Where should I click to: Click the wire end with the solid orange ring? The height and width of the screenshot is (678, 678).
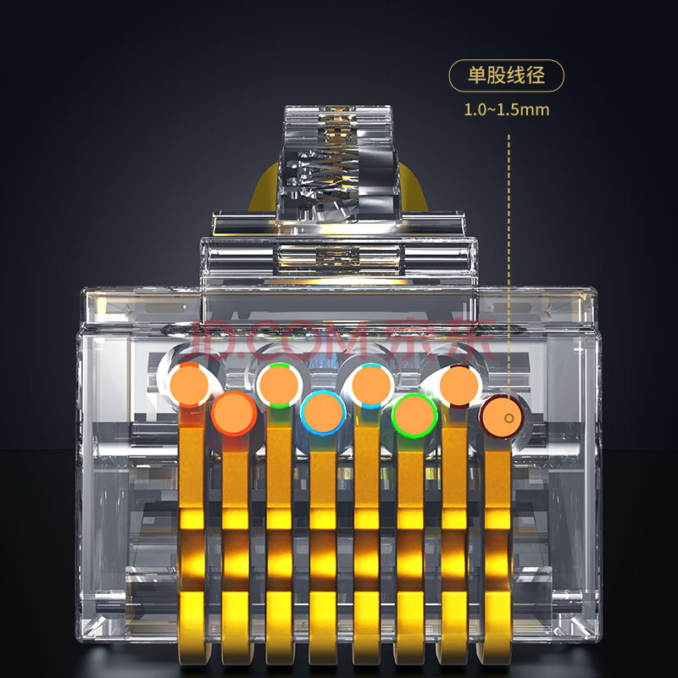(x=234, y=414)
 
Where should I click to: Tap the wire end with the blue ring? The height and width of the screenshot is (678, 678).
(x=323, y=413)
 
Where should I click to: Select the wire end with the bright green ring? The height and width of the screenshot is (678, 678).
(x=414, y=415)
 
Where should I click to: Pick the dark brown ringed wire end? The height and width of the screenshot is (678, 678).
(x=501, y=416)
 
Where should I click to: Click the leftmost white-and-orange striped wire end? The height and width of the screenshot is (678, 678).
(x=189, y=385)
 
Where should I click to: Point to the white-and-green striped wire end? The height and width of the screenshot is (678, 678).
(x=280, y=385)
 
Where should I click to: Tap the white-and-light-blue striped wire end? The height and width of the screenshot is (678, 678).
(x=371, y=386)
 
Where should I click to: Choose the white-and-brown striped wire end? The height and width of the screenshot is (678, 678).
(x=459, y=386)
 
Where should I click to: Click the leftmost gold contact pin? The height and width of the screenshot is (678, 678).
(x=192, y=536)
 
